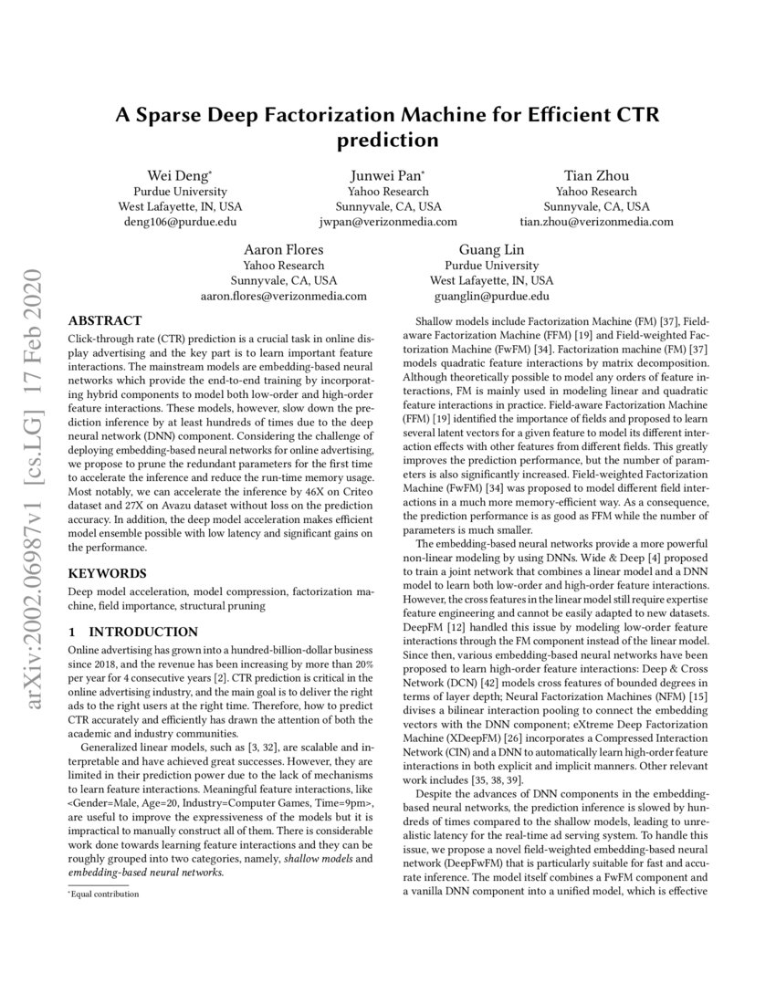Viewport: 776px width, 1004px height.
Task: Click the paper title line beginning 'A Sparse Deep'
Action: (x=387, y=116)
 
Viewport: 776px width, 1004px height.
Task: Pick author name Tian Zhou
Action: (x=596, y=175)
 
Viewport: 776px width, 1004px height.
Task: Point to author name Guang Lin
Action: (x=491, y=249)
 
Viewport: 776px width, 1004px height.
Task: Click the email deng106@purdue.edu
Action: (x=180, y=222)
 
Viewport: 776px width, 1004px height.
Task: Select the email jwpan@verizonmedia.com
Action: (x=388, y=222)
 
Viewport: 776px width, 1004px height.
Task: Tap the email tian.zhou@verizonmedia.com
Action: (x=596, y=222)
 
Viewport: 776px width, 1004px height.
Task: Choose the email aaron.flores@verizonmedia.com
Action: (x=283, y=296)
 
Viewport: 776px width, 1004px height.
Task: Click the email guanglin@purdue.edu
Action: (x=491, y=296)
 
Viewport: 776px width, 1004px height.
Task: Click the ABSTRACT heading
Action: (x=105, y=320)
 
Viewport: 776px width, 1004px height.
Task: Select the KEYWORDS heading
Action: (x=107, y=573)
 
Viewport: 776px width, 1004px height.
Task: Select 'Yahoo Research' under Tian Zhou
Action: (x=596, y=192)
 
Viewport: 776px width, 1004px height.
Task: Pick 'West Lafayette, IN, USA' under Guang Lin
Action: (x=491, y=280)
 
